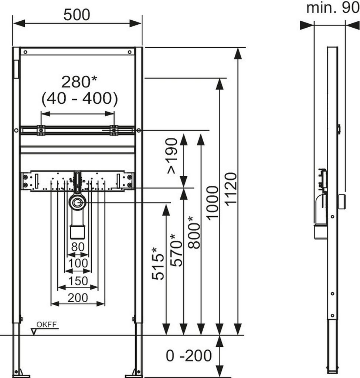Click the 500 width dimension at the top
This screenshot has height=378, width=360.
tap(77, 15)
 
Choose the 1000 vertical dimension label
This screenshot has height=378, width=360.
tap(212, 203)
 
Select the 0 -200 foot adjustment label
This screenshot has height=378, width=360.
tap(189, 356)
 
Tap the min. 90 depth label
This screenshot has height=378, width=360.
tap(332, 8)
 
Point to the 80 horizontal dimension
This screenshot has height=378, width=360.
tap(78, 247)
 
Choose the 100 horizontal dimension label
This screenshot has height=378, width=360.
tap(78, 263)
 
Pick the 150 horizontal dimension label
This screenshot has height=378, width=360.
tap(78, 281)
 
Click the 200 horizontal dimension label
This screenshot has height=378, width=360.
tap(78, 297)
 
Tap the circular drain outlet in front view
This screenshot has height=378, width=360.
tap(77, 202)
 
